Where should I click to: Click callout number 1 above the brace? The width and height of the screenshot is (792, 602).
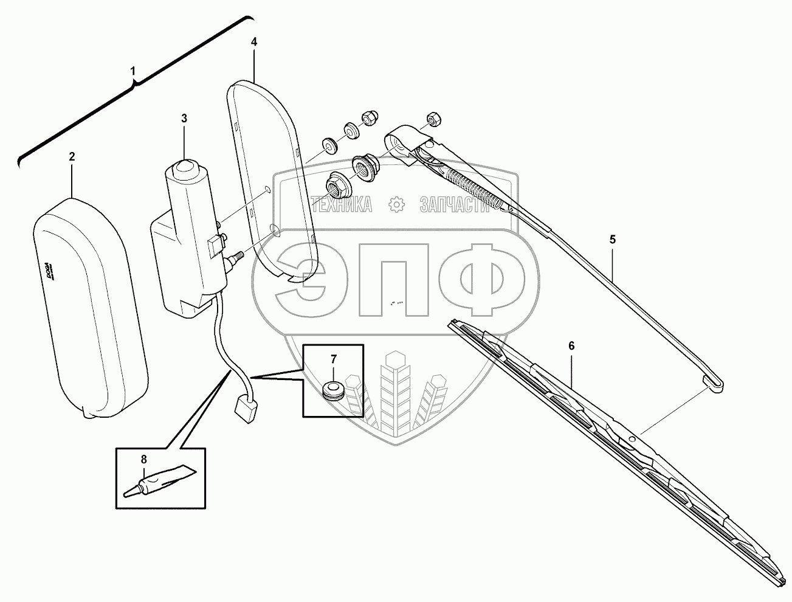coord(133,72)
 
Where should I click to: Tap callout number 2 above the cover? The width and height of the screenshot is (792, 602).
coord(72,157)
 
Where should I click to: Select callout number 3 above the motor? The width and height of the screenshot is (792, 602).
coord(184,118)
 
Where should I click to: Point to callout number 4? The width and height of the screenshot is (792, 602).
coord(254,42)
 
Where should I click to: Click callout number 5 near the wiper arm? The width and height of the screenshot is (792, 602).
coord(613,240)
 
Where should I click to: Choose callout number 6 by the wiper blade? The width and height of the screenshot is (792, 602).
coord(571,345)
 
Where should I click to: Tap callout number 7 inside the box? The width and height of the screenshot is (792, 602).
coord(333,359)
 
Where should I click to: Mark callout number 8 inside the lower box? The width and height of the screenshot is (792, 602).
coord(143,459)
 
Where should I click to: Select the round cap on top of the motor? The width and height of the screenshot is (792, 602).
coord(186,170)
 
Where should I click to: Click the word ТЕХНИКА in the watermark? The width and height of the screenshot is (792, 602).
coord(341,206)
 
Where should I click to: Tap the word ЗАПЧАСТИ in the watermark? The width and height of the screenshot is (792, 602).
coord(453,206)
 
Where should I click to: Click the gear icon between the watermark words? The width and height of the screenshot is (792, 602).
coord(396,206)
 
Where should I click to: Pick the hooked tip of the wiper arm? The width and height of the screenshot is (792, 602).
coord(714,382)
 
